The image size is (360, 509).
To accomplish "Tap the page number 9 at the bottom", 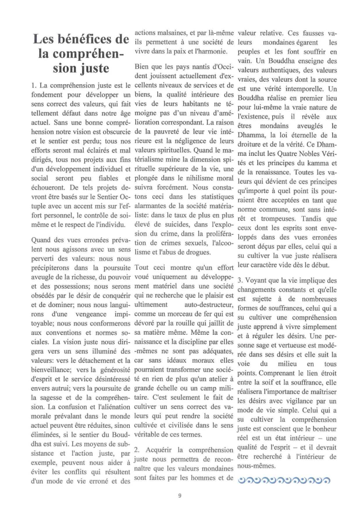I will [179, 495].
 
